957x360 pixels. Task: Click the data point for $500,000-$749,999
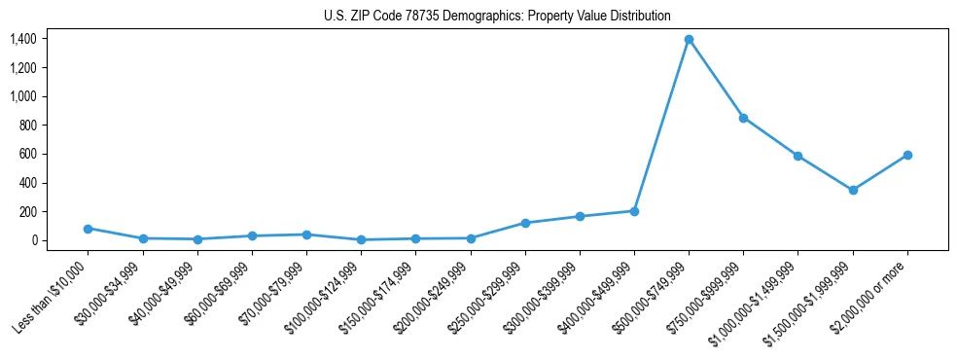tap(689, 40)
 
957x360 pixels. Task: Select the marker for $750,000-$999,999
tap(743, 118)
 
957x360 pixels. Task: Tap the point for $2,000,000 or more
tap(907, 155)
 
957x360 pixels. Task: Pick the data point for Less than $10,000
tap(88, 229)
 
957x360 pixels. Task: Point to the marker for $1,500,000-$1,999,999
tap(853, 190)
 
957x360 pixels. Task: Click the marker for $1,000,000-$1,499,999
tap(797, 156)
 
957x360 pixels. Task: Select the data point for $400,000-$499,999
tap(634, 211)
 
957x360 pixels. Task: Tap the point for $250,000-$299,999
tap(525, 223)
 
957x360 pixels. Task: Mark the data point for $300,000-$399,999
tap(580, 216)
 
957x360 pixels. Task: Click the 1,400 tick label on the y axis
tap(23, 39)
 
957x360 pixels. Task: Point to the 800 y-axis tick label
tap(27, 126)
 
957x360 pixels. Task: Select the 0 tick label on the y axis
tap(33, 240)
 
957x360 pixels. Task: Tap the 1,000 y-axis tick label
tap(23, 96)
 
